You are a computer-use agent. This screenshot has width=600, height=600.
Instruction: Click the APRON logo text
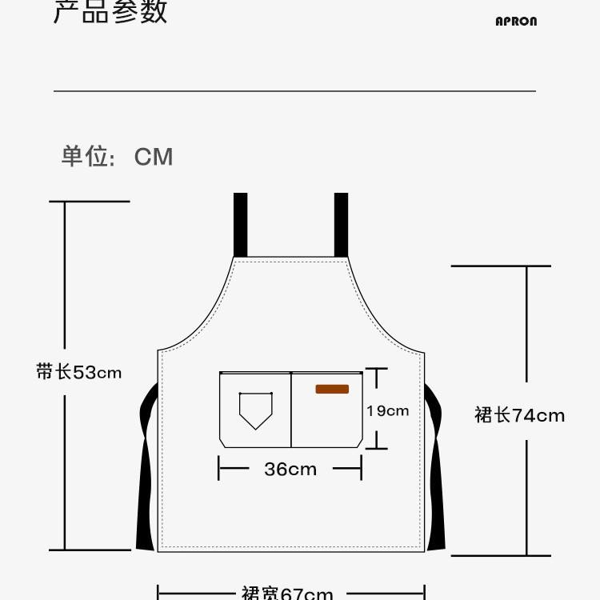[516, 22]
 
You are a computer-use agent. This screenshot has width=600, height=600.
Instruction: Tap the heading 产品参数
[110, 11]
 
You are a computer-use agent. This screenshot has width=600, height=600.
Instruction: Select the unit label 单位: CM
[117, 156]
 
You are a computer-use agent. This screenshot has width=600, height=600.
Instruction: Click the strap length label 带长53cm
[79, 372]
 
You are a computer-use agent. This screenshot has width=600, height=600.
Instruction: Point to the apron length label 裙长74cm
[519, 415]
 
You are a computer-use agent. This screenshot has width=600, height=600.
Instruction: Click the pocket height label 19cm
[388, 410]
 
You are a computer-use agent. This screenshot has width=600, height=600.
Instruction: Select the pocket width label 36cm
[290, 470]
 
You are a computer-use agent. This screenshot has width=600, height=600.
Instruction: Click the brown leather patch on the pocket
[332, 390]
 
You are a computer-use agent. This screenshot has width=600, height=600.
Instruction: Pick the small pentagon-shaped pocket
[255, 409]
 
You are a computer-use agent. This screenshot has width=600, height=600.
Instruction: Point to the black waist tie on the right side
[435, 472]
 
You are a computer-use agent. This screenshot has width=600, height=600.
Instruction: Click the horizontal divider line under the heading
[294, 91]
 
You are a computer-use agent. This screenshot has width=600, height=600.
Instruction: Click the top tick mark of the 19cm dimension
[377, 369]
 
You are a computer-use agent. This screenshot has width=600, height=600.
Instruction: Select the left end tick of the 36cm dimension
[219, 470]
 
